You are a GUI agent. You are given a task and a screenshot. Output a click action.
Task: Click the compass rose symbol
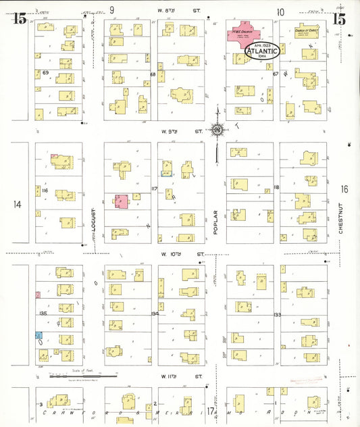click(x=217, y=129)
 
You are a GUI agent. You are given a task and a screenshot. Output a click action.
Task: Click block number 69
click(x=46, y=72)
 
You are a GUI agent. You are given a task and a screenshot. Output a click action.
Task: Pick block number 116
click(x=45, y=191)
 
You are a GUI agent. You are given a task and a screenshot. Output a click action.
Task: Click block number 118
click(x=276, y=187)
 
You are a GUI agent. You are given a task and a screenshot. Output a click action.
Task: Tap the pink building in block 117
click(x=121, y=201)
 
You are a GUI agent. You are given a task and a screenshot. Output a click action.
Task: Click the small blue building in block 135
click(x=38, y=335)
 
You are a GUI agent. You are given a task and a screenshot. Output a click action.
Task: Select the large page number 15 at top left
click(x=20, y=19)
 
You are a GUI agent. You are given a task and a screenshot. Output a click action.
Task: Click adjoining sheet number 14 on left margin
click(x=18, y=204)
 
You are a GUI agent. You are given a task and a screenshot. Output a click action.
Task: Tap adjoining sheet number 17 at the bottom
click(x=211, y=410)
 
